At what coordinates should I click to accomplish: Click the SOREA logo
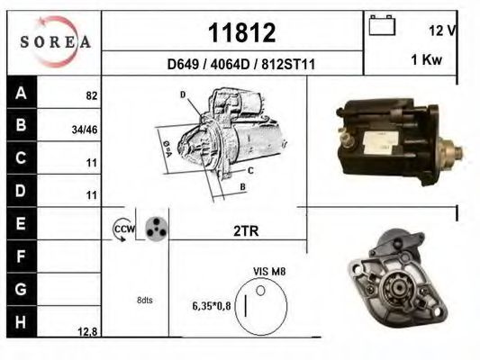pyautogui.click(x=55, y=41)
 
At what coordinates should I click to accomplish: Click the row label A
pyautogui.click(x=21, y=92)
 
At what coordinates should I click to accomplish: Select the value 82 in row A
pyautogui.click(x=91, y=95)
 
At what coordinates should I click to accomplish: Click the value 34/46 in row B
pyautogui.click(x=85, y=128)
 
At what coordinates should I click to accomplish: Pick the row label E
pyautogui.click(x=21, y=220)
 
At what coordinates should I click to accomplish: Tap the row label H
pyautogui.click(x=21, y=319)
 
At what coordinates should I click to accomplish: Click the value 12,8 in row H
pyautogui.click(x=86, y=332)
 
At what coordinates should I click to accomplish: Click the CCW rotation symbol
pyautogui.click(x=122, y=230)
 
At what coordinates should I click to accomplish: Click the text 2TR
pyautogui.click(x=246, y=231)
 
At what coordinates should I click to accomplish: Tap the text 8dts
pyautogui.click(x=144, y=300)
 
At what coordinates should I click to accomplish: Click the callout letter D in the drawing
pyautogui.click(x=182, y=94)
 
